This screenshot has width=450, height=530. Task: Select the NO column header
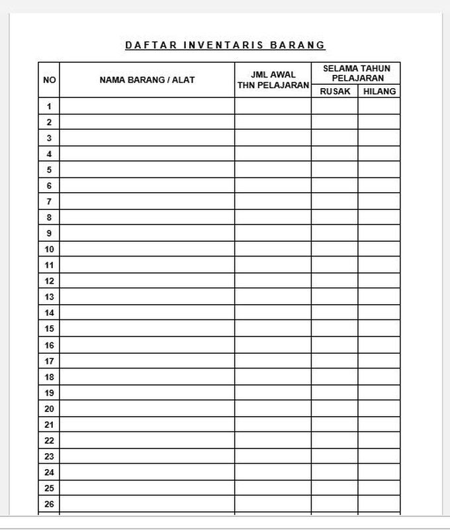click(49, 80)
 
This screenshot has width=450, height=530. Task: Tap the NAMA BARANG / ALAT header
click(147, 80)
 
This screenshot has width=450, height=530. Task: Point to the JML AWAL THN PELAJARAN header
click(273, 80)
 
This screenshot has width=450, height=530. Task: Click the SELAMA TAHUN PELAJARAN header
click(356, 74)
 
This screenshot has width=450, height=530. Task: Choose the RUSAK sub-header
click(335, 91)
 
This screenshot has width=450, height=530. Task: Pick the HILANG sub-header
click(379, 91)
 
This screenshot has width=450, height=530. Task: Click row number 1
click(49, 106)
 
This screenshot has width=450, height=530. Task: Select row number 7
click(49, 201)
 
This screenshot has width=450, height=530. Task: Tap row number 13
click(49, 297)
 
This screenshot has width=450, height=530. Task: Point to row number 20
click(49, 409)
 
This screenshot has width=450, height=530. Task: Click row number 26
click(49, 504)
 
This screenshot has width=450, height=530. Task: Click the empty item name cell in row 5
click(147, 170)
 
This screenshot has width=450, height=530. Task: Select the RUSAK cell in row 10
click(335, 249)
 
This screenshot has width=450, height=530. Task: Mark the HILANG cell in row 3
click(379, 138)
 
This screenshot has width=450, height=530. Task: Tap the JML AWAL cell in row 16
click(273, 345)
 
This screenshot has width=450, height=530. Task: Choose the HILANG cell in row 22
click(379, 441)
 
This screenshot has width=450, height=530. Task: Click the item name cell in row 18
click(147, 377)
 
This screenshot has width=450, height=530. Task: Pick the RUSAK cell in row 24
click(335, 472)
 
